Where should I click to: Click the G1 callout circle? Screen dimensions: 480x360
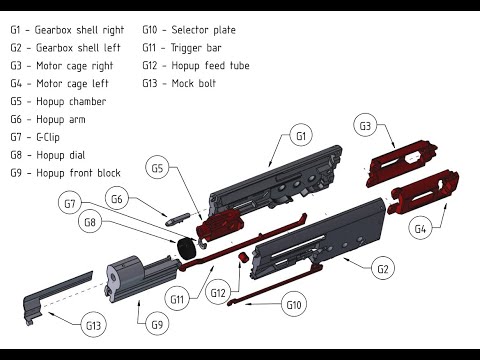[x=301, y=136]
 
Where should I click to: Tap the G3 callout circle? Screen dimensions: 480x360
[x=365, y=126]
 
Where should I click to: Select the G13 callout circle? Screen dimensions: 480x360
[x=93, y=325]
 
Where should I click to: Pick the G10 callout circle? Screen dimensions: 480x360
[x=294, y=305]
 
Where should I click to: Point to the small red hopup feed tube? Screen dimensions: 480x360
[x=243, y=257]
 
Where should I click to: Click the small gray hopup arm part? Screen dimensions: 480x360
[x=177, y=219]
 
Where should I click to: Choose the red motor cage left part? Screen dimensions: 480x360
[x=423, y=192]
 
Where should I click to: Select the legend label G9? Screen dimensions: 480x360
[x=16, y=173]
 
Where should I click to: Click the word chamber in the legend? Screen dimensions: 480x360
[x=88, y=101]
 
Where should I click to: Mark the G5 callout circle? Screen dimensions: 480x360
[x=157, y=168]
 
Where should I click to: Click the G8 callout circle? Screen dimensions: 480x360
[x=90, y=222]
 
